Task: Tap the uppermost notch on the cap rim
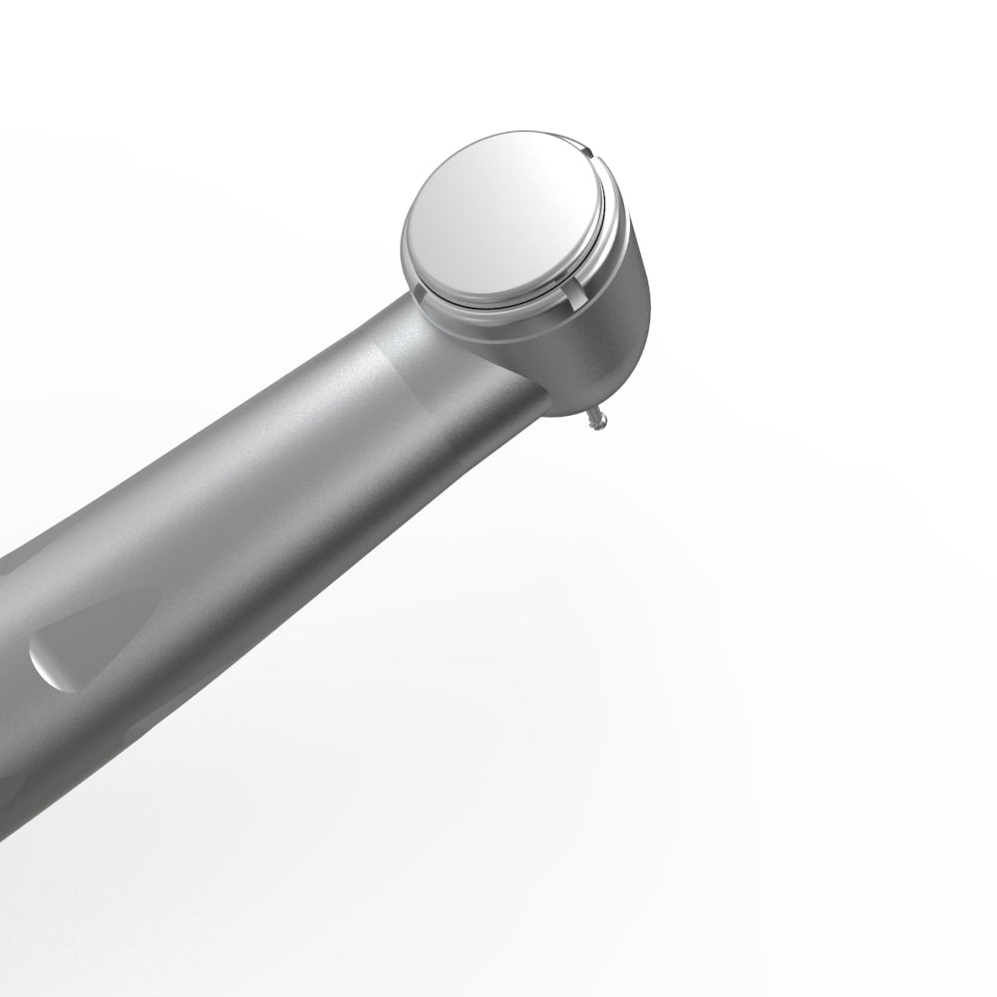(x=588, y=153)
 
